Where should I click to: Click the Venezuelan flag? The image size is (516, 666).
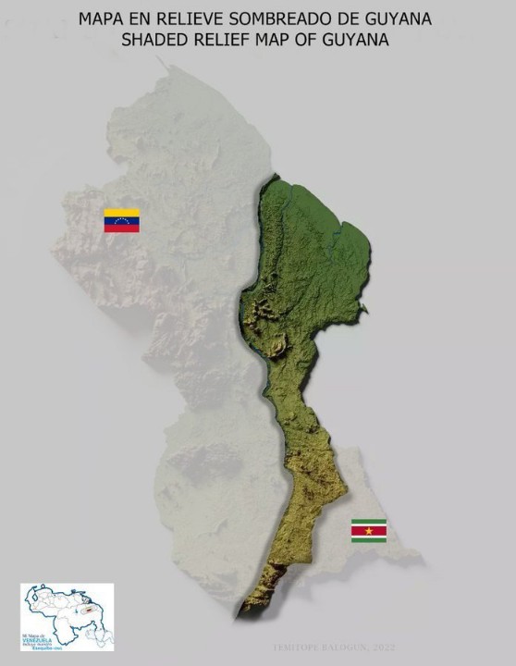pos(121,220)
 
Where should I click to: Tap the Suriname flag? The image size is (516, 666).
pos(368,530)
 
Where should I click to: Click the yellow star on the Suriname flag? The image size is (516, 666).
pos(368,530)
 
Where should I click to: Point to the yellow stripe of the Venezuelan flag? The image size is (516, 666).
pos(121,213)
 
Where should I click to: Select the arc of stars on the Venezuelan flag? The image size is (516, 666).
pos(121,220)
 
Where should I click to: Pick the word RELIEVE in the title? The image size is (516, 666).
pos(198,18)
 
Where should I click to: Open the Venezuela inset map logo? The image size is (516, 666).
pos(68,616)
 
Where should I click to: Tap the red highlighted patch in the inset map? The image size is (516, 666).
pos(87,610)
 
